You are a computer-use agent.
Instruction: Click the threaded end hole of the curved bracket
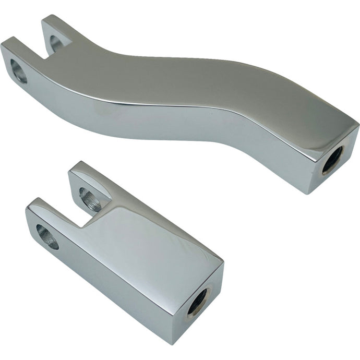[332, 160]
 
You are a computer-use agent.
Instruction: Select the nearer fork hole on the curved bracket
[19, 71]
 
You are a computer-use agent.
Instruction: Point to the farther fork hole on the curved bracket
[56, 42]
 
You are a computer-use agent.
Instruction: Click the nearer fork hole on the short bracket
[47, 236]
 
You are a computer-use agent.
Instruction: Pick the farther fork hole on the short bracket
[90, 199]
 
